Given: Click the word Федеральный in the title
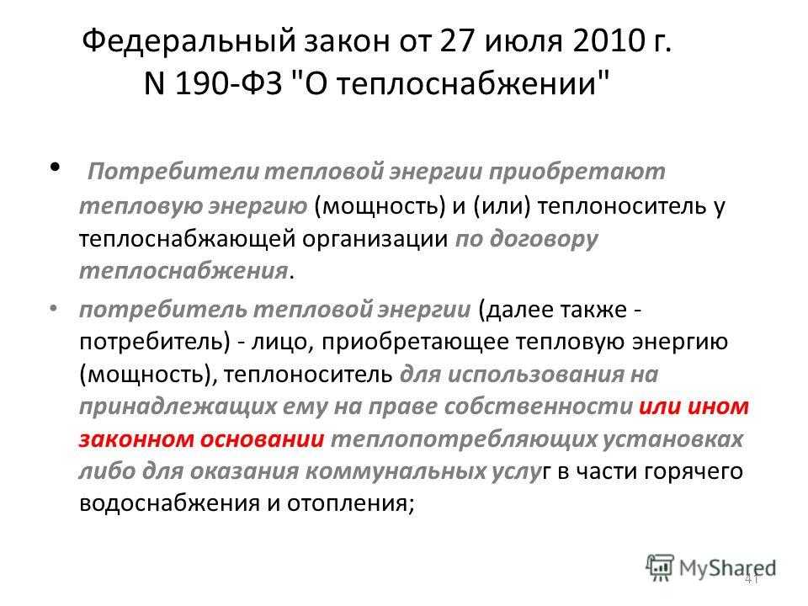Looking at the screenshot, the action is [x=189, y=42].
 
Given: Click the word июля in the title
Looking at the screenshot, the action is [x=523, y=41].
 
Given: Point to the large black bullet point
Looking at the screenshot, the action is [x=56, y=167].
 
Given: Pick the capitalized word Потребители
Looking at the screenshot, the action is [x=173, y=171].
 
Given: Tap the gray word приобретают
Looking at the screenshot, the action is [x=577, y=172].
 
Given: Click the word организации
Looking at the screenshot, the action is [x=375, y=239].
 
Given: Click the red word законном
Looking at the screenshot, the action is [x=136, y=439].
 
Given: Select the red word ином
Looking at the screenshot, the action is [x=718, y=407].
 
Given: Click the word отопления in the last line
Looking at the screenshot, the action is [x=350, y=504].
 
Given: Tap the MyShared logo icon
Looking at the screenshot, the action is [x=660, y=568].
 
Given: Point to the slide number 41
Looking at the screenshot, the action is [x=752, y=579].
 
